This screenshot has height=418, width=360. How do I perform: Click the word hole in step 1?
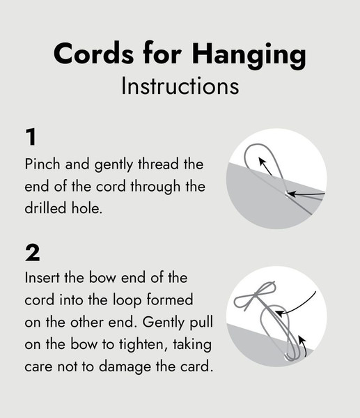(x=91, y=207)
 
